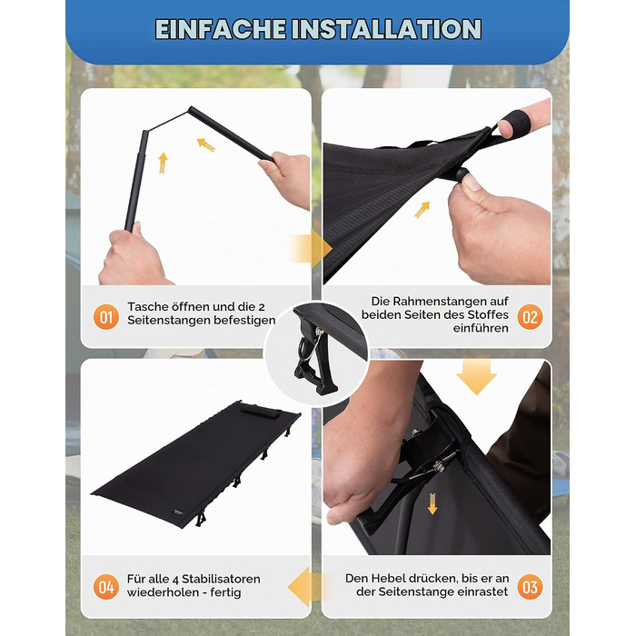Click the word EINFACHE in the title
pyautogui.click(x=221, y=29)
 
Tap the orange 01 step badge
pyautogui.click(x=106, y=317)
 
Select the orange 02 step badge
pyautogui.click(x=530, y=317)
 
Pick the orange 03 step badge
pyautogui.click(x=530, y=587)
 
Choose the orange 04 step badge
pyautogui.click(x=106, y=587)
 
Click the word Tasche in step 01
pyautogui.click(x=147, y=307)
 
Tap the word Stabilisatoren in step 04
pyautogui.click(x=221, y=579)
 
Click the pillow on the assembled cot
pyautogui.click(x=260, y=412)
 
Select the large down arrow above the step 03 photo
pyautogui.click(x=477, y=377)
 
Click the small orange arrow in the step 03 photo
pyautogui.click(x=432, y=503)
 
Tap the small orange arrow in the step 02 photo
pyautogui.click(x=422, y=210)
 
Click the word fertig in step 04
pyautogui.click(x=225, y=592)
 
